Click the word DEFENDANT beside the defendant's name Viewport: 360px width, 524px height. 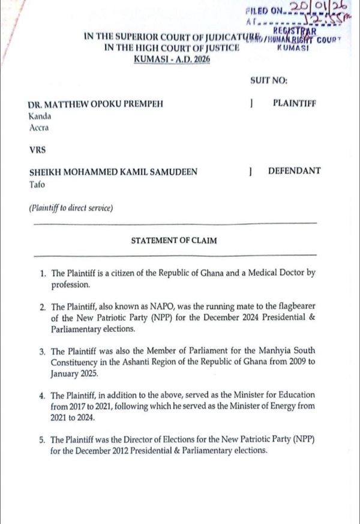pos(294,171)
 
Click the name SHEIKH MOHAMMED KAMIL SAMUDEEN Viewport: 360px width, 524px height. pos(113,172)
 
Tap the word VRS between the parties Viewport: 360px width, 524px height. pos(37,148)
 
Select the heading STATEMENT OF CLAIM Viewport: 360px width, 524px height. pos(174,241)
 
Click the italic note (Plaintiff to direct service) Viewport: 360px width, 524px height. pos(71,208)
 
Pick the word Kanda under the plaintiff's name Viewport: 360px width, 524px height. pos(40,116)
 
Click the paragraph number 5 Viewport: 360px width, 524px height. pos(43,440)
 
